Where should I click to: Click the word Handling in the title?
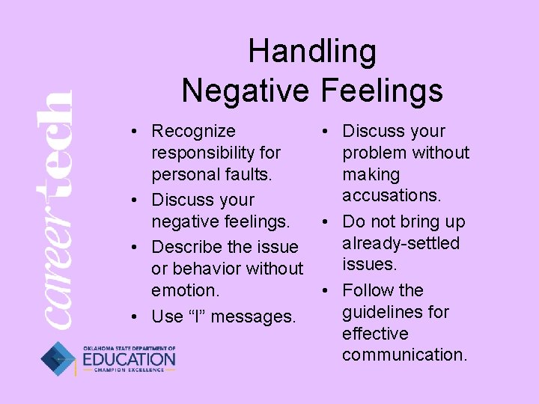(x=312, y=52)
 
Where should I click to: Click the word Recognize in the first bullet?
(x=193, y=132)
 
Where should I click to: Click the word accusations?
(x=392, y=195)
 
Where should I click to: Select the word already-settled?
(x=401, y=243)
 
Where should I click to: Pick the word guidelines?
(x=395, y=312)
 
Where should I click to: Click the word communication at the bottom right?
(x=404, y=355)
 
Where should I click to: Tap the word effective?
(x=375, y=334)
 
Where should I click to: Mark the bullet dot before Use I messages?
(x=132, y=317)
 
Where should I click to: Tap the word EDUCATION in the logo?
(x=129, y=360)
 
